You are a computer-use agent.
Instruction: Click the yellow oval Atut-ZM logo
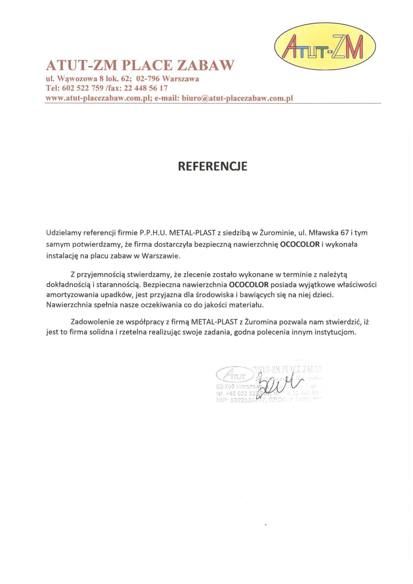pos(325,46)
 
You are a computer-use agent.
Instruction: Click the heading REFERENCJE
pos(212,166)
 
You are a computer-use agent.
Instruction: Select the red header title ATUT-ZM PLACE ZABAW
pos(140,65)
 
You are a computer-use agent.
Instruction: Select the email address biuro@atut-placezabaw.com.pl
pos(237,98)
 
